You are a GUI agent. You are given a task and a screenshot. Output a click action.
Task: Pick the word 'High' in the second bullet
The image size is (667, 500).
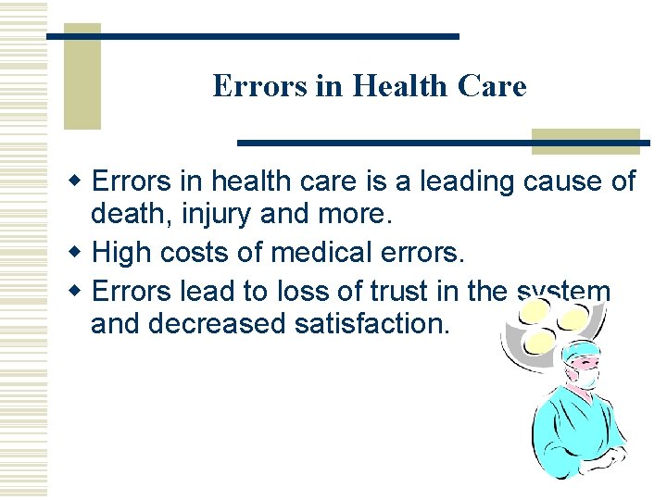121,251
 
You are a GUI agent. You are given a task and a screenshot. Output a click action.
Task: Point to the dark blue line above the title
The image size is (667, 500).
253,36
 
